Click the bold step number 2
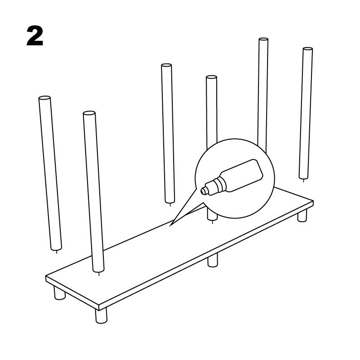35,36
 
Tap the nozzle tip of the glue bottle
203,190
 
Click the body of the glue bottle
243,175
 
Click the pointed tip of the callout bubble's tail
170,226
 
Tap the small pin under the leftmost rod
57,252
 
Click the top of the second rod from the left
89,113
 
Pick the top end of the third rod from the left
166,65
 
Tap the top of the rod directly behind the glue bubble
211,78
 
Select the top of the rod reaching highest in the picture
263,39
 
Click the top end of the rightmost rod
308,49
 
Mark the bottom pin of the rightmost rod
303,180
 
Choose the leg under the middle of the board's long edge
213,260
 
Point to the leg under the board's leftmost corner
59,293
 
